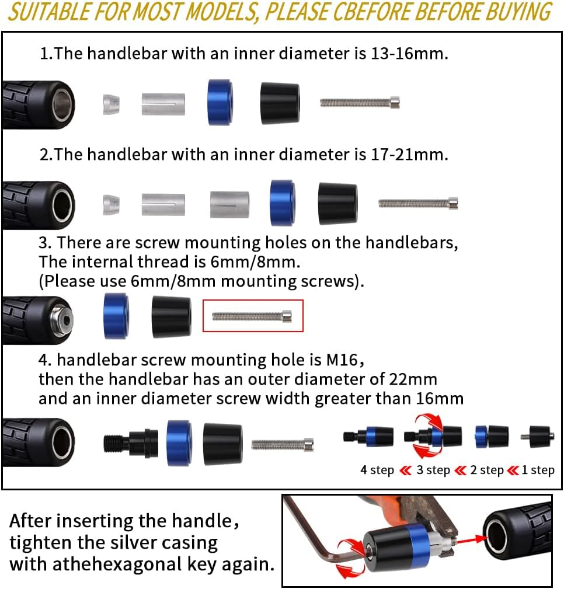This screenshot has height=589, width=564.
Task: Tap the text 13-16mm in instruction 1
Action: [x=409, y=53]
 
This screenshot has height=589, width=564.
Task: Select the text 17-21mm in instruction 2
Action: [x=409, y=154]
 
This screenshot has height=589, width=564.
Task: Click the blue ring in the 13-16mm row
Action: [x=220, y=102]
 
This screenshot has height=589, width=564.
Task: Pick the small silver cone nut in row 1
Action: [x=111, y=104]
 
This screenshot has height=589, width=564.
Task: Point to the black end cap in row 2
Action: [x=337, y=203]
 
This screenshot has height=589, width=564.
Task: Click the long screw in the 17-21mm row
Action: [x=418, y=204]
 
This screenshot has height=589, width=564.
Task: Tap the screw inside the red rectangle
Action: [x=252, y=316]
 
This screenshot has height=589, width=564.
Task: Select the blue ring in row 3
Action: [x=116, y=316]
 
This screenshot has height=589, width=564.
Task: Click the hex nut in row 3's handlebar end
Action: [x=62, y=320]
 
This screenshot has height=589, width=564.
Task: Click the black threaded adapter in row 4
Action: [x=131, y=442]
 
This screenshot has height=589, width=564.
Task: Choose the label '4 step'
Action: [x=377, y=470]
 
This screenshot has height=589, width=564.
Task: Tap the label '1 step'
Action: [x=538, y=470]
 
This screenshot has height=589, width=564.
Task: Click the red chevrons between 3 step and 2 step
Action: [x=460, y=470]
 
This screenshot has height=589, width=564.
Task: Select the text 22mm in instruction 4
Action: [x=413, y=379]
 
